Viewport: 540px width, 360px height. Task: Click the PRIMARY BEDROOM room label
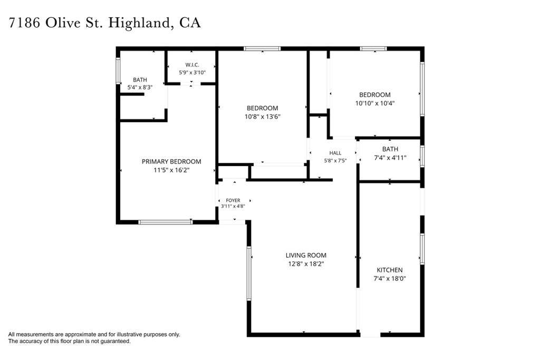pyautogui.click(x=171, y=161)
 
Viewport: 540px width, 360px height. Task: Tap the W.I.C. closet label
pyautogui.click(x=192, y=65)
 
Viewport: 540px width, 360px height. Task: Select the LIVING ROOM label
pyautogui.click(x=306, y=255)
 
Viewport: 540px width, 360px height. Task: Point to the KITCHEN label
pyautogui.click(x=390, y=270)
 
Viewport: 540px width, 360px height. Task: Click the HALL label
pyautogui.click(x=335, y=153)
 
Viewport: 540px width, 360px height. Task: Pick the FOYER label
pyautogui.click(x=233, y=200)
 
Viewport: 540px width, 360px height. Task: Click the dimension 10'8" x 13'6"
pyautogui.click(x=263, y=116)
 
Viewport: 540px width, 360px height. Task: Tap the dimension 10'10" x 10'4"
pyautogui.click(x=375, y=103)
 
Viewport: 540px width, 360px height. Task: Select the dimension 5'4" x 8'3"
pyautogui.click(x=140, y=87)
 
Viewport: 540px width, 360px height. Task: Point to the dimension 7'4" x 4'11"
pyautogui.click(x=390, y=158)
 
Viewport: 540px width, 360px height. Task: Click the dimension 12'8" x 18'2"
pyautogui.click(x=306, y=264)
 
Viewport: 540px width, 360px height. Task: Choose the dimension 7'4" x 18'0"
pyautogui.click(x=390, y=278)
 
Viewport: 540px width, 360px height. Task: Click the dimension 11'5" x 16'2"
pyautogui.click(x=171, y=170)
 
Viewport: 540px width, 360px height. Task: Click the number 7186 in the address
pyautogui.click(x=24, y=23)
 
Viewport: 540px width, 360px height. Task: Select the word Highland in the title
pyautogui.click(x=139, y=23)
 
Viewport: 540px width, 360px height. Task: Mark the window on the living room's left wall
pyautogui.click(x=249, y=273)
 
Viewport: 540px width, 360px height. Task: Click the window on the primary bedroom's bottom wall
pyautogui.click(x=165, y=222)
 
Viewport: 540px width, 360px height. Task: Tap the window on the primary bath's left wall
pyautogui.click(x=118, y=71)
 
